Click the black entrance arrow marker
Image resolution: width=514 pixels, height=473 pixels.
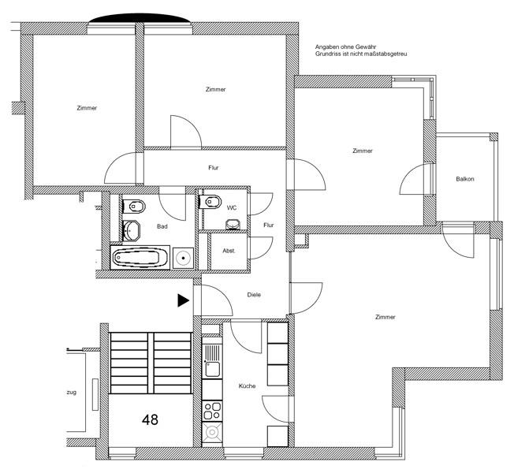(183, 300)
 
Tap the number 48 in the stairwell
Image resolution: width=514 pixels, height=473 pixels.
(150, 419)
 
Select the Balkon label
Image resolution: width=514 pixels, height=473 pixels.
(465, 180)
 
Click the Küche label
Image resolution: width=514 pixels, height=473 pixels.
(248, 385)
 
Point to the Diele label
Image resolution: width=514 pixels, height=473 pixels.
(254, 295)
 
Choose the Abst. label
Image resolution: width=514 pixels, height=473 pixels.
(229, 251)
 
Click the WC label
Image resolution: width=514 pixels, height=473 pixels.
(232, 207)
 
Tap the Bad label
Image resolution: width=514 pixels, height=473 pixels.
(162, 226)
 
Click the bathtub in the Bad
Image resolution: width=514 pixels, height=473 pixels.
(141, 257)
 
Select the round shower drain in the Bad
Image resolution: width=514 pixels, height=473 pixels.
(184, 257)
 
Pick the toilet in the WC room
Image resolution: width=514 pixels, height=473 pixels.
(211, 203)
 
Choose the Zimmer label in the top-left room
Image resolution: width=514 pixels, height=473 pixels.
(88, 108)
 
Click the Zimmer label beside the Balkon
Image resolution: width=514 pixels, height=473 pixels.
(363, 151)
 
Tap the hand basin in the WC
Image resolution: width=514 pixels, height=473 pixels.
(233, 224)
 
